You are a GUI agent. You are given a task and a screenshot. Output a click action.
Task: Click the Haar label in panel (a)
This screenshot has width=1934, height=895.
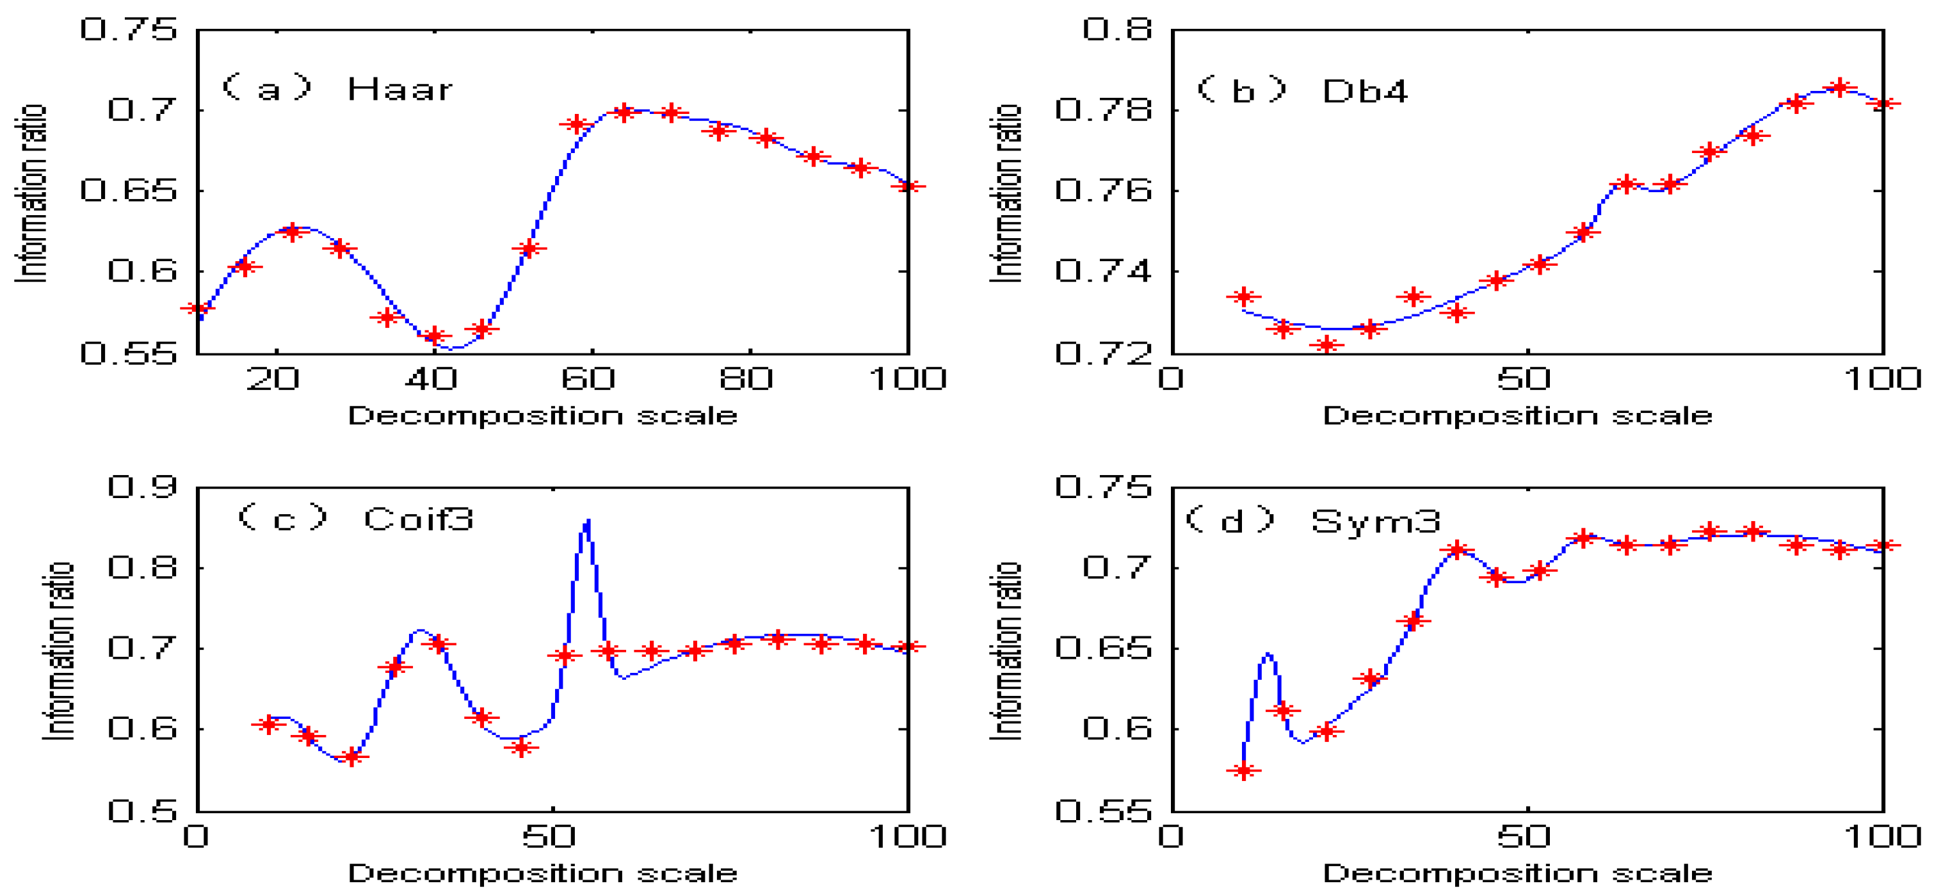(399, 90)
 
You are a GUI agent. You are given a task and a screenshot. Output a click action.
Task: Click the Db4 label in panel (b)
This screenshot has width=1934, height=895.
(1364, 92)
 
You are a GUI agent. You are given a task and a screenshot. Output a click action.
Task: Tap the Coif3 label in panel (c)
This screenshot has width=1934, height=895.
(418, 519)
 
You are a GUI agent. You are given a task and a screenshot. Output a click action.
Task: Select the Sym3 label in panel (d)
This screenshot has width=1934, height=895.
(1375, 521)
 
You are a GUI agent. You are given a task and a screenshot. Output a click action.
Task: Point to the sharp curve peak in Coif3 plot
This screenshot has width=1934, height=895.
(587, 520)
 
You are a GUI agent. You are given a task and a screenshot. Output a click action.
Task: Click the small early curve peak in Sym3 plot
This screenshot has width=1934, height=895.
(1268, 654)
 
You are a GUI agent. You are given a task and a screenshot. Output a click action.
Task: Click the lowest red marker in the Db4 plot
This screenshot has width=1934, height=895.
(1326, 344)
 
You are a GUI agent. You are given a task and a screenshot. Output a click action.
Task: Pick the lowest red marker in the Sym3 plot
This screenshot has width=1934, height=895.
(1244, 770)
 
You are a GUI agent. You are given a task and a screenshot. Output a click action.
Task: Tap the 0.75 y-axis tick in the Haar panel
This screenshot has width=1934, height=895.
(129, 30)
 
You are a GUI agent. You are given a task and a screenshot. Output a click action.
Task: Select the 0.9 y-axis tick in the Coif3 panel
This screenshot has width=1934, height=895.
(142, 487)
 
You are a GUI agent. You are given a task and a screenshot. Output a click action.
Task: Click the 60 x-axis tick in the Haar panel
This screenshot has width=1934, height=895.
(588, 379)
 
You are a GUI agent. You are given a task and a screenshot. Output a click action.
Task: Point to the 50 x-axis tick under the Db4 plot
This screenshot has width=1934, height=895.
(1524, 379)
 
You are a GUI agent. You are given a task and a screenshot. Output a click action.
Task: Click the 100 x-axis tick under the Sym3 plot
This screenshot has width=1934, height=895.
(1882, 837)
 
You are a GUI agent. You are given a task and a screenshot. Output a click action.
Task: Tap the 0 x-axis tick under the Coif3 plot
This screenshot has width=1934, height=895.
(196, 837)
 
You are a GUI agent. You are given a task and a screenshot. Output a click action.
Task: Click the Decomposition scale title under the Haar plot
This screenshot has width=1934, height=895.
(542, 415)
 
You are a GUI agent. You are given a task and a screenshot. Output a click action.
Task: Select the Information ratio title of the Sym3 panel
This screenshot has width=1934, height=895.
(1005, 652)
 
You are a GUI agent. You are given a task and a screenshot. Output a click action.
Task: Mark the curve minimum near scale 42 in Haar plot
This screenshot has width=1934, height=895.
(453, 348)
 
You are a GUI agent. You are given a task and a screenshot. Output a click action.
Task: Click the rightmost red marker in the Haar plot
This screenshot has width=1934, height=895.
(908, 186)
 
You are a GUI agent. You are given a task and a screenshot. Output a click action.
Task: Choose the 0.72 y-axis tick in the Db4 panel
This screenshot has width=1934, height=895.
(1103, 353)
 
